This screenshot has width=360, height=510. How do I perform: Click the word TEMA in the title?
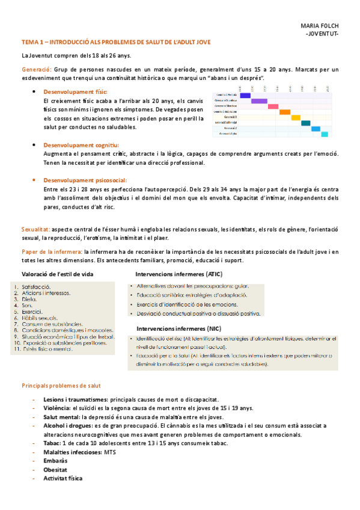(x=30, y=42)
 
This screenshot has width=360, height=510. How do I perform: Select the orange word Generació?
(x=36, y=70)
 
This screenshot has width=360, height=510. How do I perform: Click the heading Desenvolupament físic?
(x=76, y=92)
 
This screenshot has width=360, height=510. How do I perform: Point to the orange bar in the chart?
(x=285, y=112)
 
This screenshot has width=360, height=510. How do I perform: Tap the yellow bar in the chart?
(x=296, y=117)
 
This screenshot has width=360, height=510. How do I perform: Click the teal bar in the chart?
(x=306, y=123)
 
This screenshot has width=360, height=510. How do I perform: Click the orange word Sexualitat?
(x=36, y=229)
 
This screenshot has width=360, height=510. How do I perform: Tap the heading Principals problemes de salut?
(x=61, y=385)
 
